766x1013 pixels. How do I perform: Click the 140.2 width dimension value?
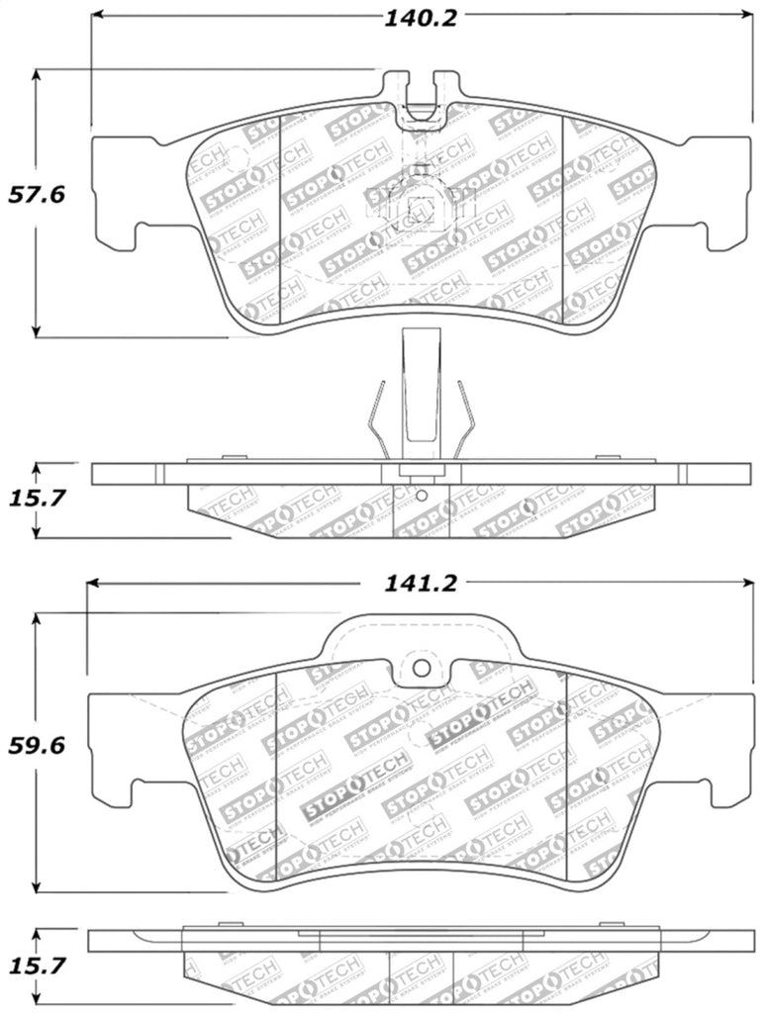pyautogui.click(x=421, y=18)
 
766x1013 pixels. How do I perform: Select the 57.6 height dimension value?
pyautogui.click(x=37, y=195)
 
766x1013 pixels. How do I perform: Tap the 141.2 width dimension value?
pyautogui.click(x=421, y=584)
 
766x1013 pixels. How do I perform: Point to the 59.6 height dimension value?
pyautogui.click(x=37, y=746)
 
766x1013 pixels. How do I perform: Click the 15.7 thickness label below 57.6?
pyautogui.click(x=37, y=499)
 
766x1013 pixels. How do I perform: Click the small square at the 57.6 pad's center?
pyautogui.click(x=423, y=208)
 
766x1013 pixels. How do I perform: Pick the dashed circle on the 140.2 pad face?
pyautogui.click(x=235, y=156)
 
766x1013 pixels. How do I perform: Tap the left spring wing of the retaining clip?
pyautogui.click(x=375, y=419)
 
